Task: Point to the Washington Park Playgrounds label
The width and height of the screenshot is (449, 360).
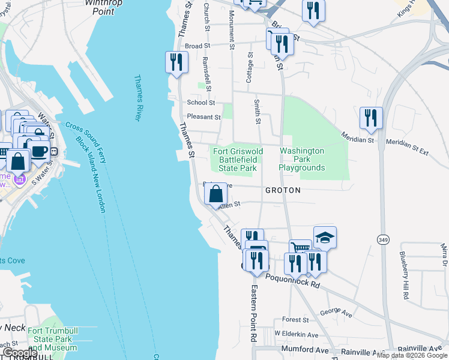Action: coord(302,160)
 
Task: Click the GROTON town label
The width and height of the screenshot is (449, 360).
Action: coord(282,190)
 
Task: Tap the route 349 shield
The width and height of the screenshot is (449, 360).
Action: coord(382,239)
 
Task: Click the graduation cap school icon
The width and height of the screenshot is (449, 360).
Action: coord(325,237)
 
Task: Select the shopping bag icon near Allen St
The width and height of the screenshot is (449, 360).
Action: coord(216,194)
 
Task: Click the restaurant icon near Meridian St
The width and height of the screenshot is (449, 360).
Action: coord(371,118)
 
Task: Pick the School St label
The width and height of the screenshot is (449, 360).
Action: coord(200,103)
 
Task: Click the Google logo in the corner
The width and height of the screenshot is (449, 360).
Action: coord(19,353)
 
